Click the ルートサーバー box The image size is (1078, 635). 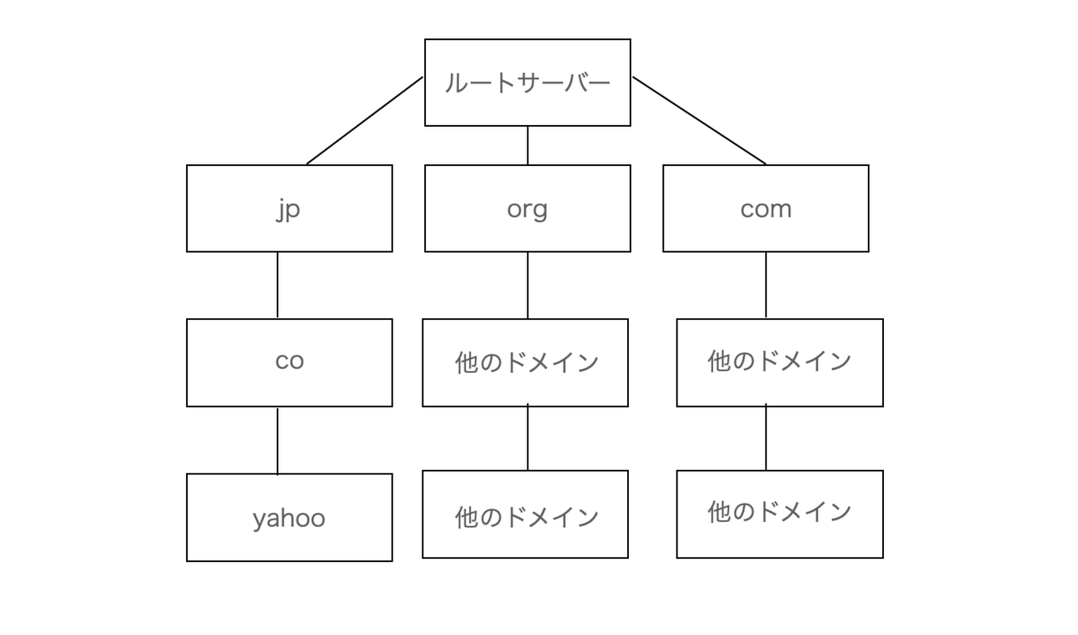[527, 83]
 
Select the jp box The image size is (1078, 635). [289, 208]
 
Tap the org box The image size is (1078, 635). [527, 208]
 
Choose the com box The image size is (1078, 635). [765, 208]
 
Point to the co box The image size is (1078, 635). [289, 363]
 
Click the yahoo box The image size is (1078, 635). [289, 517]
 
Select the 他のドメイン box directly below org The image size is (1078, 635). [525, 363]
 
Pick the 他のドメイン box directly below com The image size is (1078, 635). [780, 363]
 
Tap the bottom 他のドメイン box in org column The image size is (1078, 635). [525, 515]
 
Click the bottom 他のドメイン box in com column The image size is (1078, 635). [780, 515]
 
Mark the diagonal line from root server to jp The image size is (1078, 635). [365, 120]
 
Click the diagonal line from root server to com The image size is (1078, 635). [699, 120]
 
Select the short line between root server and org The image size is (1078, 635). [527, 146]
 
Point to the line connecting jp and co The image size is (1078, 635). [278, 285]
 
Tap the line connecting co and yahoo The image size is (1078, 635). [278, 441]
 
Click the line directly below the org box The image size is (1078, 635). [527, 285]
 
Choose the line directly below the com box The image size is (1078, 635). [765, 285]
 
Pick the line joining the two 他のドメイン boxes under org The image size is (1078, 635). [527, 437]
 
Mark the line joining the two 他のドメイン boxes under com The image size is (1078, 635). [765, 437]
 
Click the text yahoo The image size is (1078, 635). [289, 519]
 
